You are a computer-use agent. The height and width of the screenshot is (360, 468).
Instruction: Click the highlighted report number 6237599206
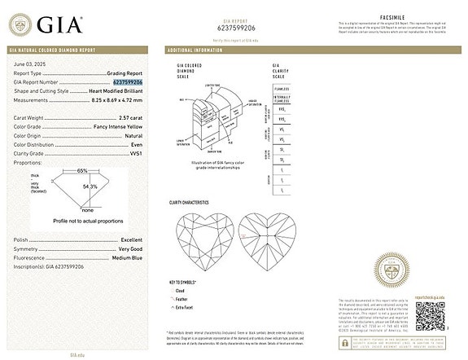pos(126,82)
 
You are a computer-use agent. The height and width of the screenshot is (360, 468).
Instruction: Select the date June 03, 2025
pos(28,64)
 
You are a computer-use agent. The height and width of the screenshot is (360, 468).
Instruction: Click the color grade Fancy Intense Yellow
pos(116,127)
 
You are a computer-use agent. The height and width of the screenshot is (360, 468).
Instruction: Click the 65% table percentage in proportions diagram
pos(82,171)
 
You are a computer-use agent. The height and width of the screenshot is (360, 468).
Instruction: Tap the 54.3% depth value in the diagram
pos(90,187)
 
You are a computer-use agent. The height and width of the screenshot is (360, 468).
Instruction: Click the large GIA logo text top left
pos(58,24)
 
